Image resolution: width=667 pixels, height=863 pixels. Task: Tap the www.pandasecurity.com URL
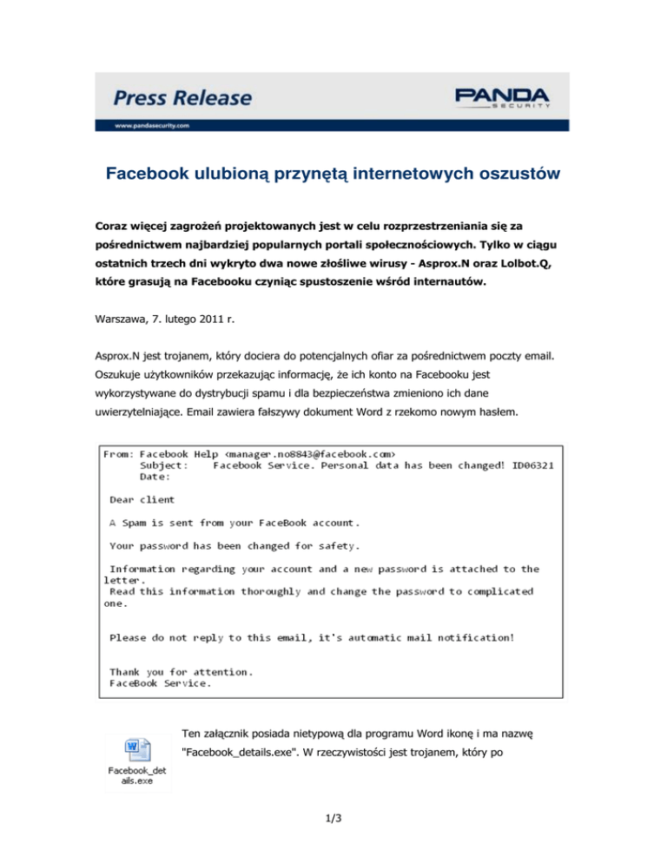pyautogui.click(x=152, y=125)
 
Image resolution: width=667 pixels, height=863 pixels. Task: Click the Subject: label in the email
pyautogui.click(x=163, y=465)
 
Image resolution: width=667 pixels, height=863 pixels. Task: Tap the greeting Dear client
pyautogui.click(x=142, y=499)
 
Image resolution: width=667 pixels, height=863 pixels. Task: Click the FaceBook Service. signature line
pyautogui.click(x=160, y=683)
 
